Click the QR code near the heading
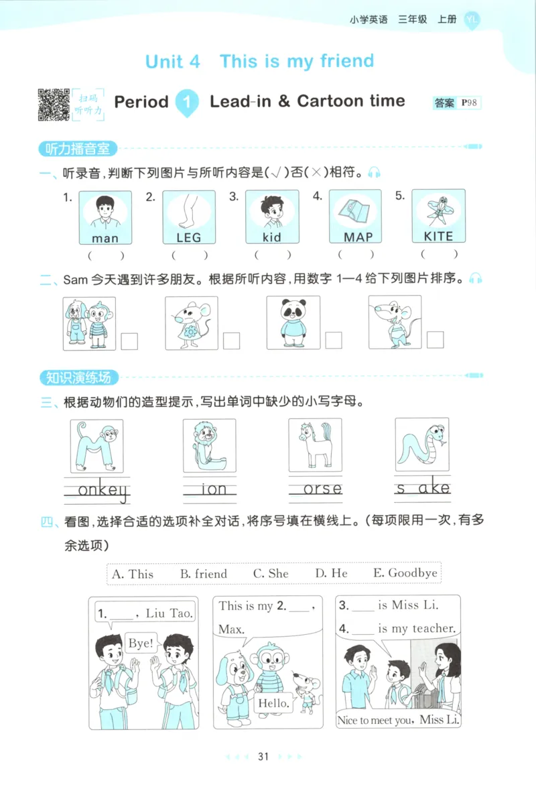pos(54,105)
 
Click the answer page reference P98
pos(470,103)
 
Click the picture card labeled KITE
pos(438,217)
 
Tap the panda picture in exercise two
pos(293,322)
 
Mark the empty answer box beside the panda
pos(334,341)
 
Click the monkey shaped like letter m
pos(97,446)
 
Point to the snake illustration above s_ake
pos(421,445)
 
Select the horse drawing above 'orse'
pos(314,445)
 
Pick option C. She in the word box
pos(271,574)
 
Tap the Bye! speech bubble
pos(140,644)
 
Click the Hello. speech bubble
pos(273,703)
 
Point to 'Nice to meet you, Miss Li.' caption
pos(399,720)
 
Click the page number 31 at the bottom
pos(263,757)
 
